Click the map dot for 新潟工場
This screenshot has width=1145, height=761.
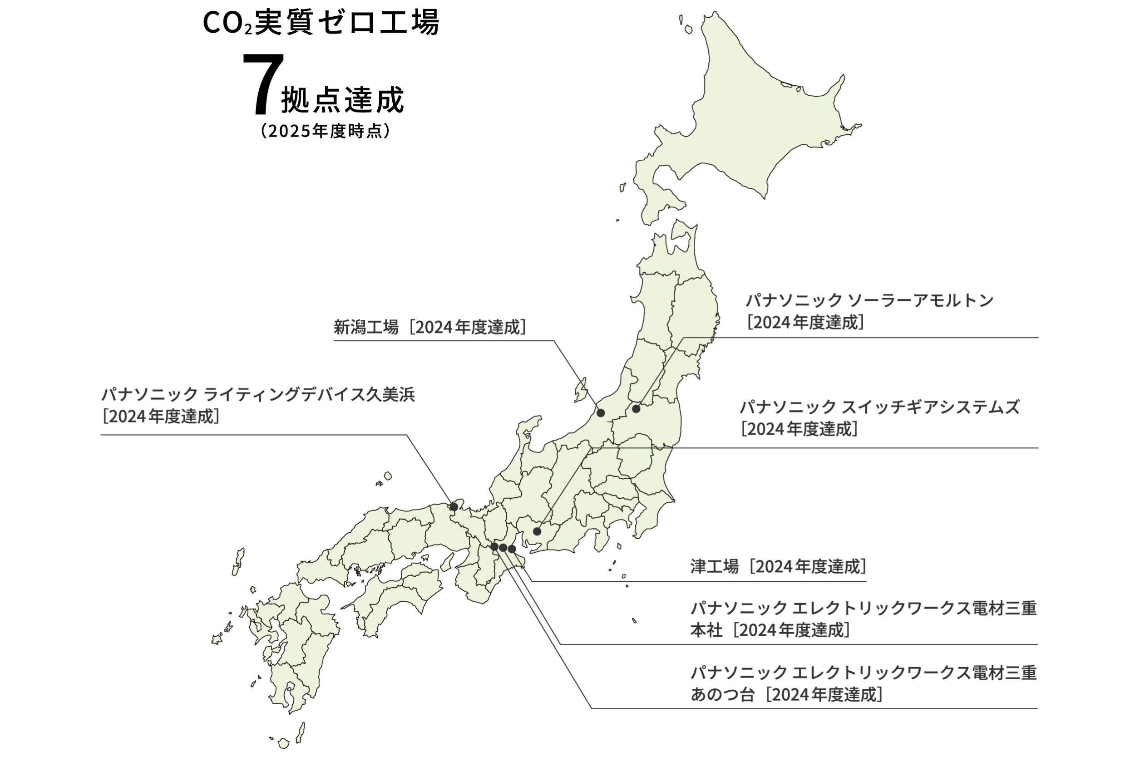[x=601, y=413]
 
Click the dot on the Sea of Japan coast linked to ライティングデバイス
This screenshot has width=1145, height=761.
[x=454, y=507]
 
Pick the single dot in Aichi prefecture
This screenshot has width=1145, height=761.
[x=537, y=531]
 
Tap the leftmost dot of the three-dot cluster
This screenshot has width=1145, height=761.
[x=494, y=546]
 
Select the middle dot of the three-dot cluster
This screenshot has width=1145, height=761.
[x=503, y=547]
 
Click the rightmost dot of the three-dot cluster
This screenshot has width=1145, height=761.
[x=512, y=549]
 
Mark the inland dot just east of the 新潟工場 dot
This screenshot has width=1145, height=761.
[x=636, y=409]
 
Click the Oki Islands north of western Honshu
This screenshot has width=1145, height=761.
[x=387, y=476]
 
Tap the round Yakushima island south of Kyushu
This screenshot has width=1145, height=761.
[x=284, y=742]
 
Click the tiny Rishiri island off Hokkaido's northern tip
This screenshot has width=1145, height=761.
[x=689, y=29]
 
